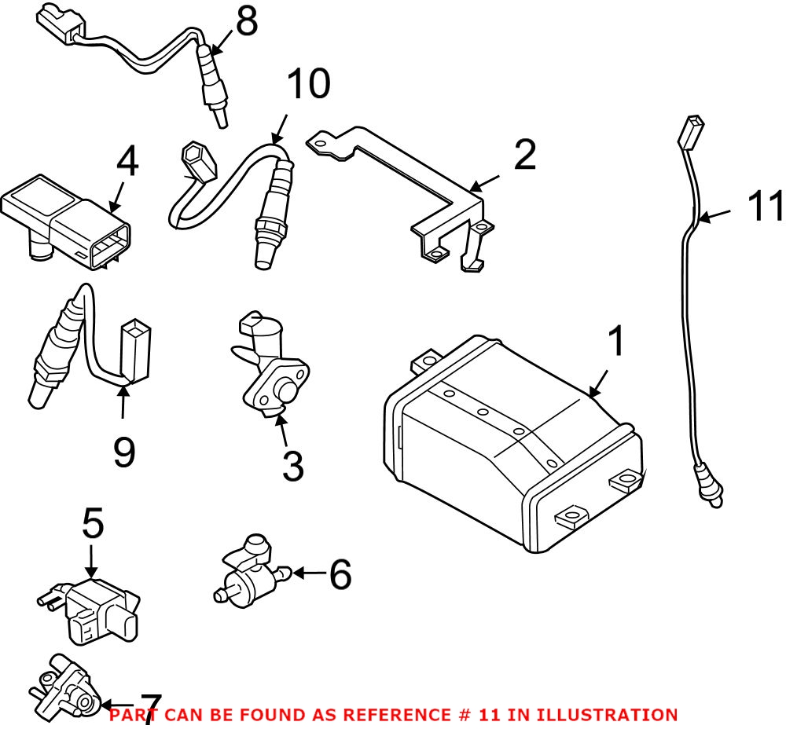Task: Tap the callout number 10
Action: tap(307, 85)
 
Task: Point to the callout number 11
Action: tap(764, 207)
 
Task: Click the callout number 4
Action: tap(127, 163)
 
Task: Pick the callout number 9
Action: tap(123, 452)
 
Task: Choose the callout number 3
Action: tap(292, 465)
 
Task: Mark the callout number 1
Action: tap(617, 343)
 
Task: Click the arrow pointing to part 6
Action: tap(308, 573)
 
